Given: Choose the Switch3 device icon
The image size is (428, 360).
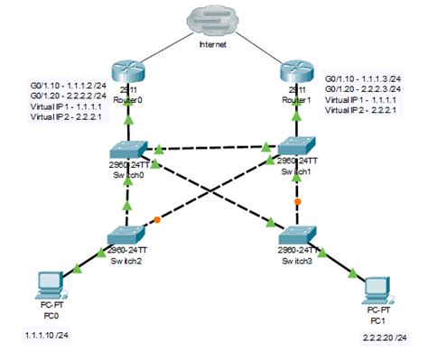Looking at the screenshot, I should [x=296, y=233].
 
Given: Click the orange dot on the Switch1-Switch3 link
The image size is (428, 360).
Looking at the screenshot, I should [x=296, y=203].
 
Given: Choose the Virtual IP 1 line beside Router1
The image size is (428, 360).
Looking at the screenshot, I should [x=360, y=99].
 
